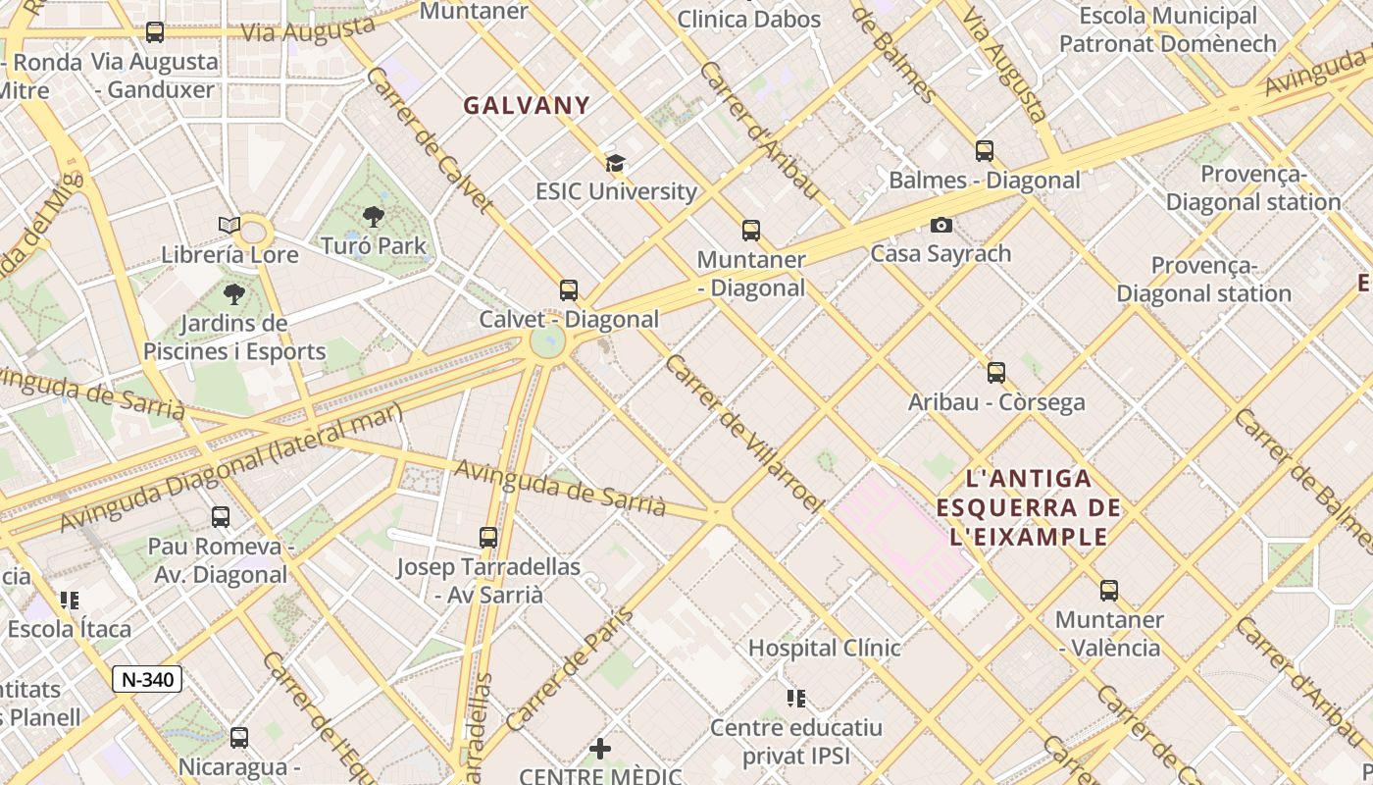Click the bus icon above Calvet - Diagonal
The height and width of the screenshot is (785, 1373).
pos(568,290)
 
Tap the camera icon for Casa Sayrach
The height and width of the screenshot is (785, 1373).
pos(941,225)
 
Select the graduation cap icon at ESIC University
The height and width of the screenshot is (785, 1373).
pos(615,163)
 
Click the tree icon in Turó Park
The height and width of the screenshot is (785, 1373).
pos(373,217)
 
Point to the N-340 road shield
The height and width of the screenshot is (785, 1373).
pos(147,679)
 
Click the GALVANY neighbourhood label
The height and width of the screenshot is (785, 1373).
pos(527,106)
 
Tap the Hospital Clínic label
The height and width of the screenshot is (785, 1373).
pos(824,648)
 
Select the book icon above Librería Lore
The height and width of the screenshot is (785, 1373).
pos(229,226)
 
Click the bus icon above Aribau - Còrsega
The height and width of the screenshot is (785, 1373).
pos(996,373)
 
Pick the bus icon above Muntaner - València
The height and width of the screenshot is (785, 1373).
pos(1108,591)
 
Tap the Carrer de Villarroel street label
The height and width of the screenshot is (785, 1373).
pos(743,433)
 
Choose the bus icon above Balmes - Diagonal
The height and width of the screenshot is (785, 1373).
pos(985,151)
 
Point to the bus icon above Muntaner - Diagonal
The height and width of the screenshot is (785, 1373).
pos(751,231)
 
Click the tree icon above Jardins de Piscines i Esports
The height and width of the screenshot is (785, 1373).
pos(233,293)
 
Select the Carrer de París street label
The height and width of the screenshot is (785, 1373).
pos(570,669)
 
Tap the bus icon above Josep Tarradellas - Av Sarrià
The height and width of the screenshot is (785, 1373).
pos(488,538)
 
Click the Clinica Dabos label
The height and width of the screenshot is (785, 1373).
pos(749,19)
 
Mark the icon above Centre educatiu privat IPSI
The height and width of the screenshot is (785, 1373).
pos(796,699)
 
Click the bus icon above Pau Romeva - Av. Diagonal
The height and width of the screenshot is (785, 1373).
pos(221,517)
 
